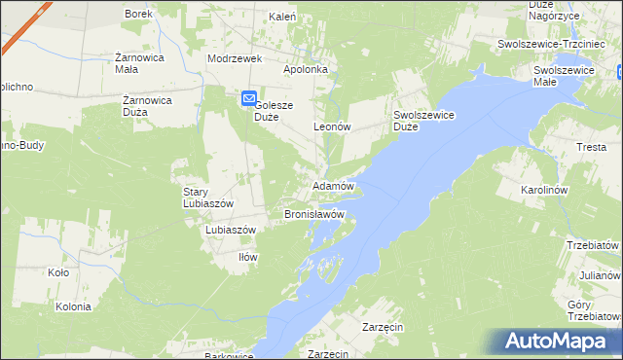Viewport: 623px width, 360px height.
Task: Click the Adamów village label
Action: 333,185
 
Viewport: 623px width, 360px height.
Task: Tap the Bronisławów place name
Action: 314,213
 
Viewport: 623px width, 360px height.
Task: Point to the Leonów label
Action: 331,127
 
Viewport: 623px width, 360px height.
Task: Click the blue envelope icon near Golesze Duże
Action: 248,98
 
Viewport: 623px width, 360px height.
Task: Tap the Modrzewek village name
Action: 236,58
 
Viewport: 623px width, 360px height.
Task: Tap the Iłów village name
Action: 248,257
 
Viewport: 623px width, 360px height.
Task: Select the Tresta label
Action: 591,147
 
